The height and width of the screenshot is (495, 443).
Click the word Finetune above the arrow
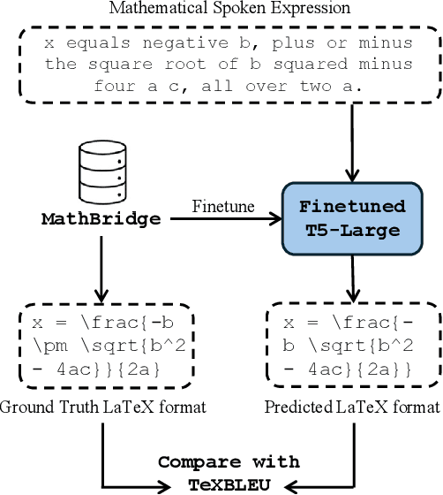[x=223, y=206]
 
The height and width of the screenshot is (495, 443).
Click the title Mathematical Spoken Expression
[x=229, y=9]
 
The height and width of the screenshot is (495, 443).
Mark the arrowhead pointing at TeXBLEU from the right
[x=293, y=484]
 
